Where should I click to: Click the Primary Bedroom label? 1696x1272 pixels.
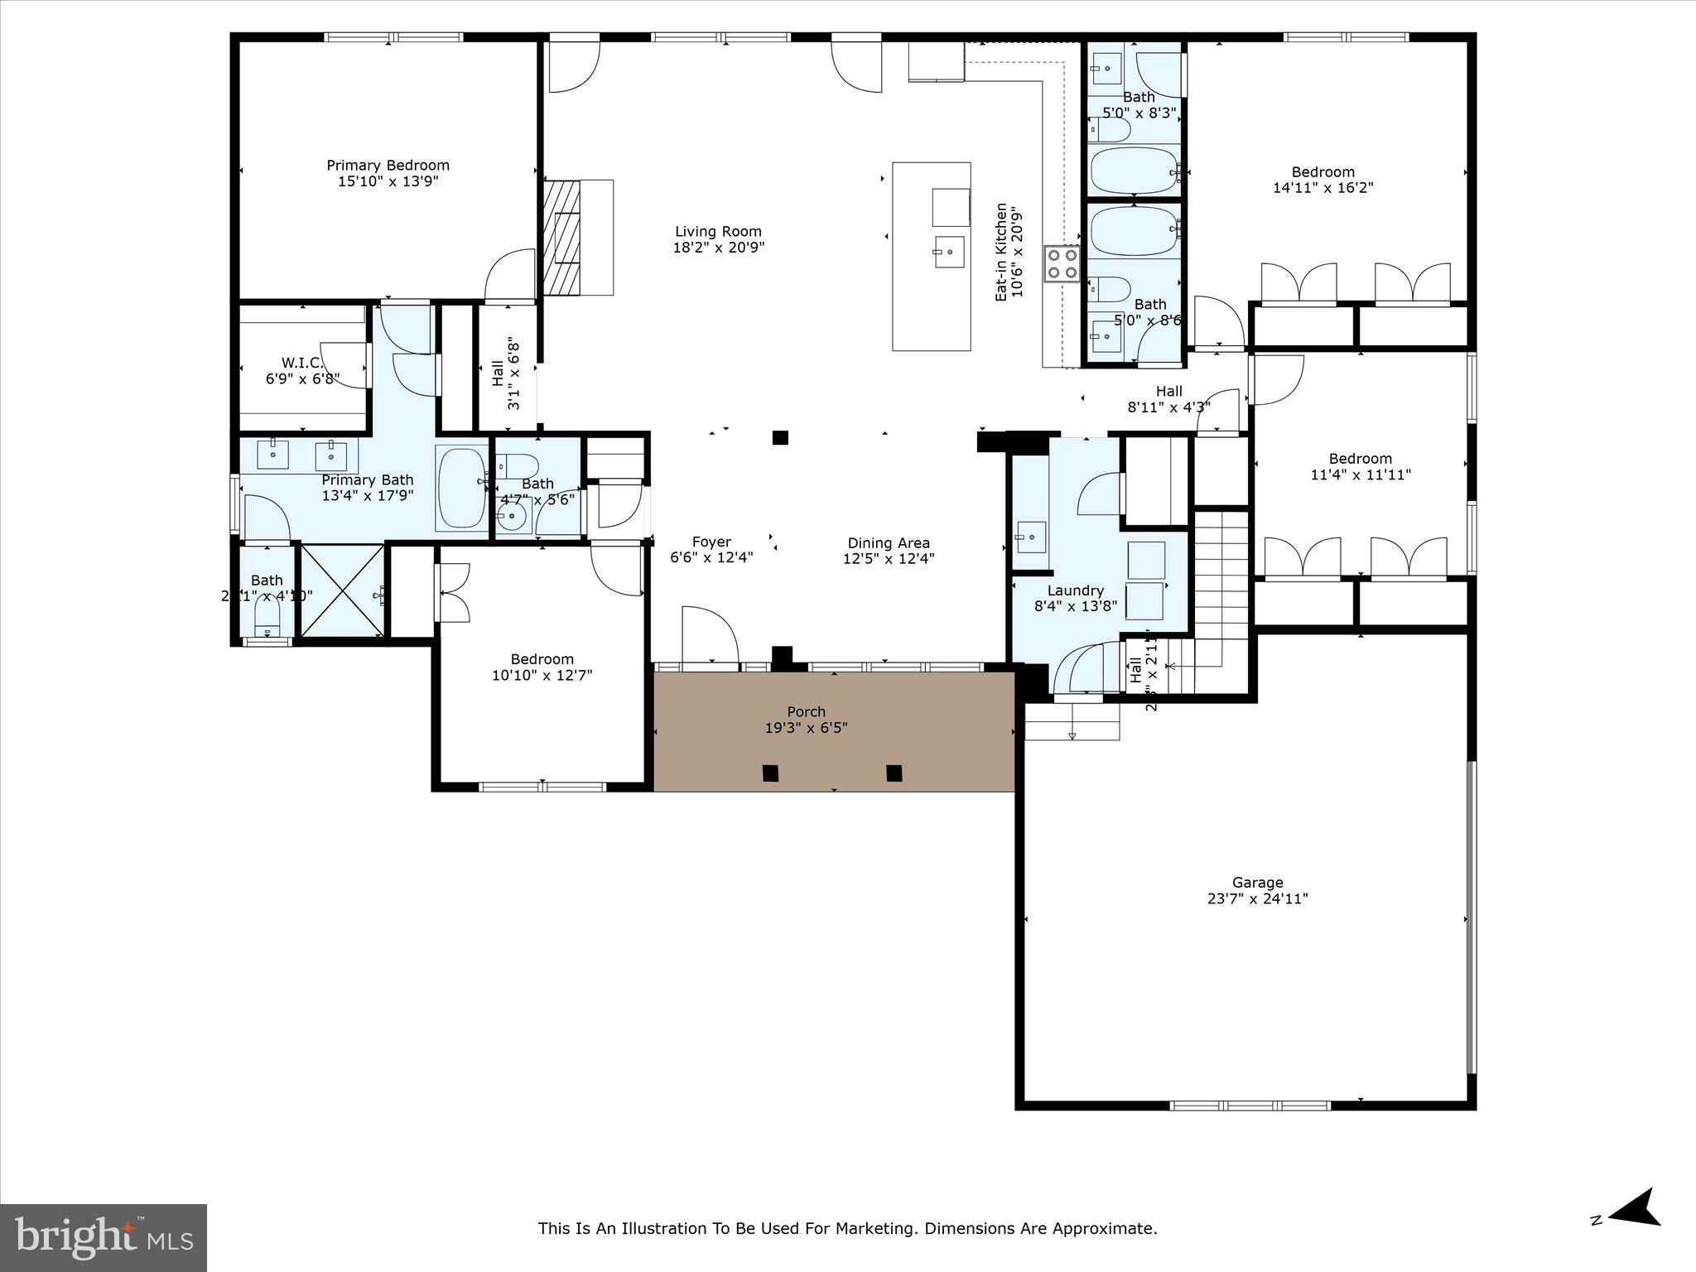coord(388,166)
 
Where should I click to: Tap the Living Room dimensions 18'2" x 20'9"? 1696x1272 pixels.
coord(718,248)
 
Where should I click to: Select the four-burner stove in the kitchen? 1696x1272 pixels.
coord(1062,264)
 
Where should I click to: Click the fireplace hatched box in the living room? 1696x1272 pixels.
coord(561,238)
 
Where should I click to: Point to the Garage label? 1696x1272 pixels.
coord(1257,883)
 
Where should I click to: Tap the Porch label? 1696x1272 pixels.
coord(806,712)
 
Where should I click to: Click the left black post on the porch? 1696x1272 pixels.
coord(770,773)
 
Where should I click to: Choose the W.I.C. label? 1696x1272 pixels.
coord(302,363)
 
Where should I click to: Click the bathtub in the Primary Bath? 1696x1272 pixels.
coord(461,487)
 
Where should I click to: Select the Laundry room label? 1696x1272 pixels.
coord(1075,590)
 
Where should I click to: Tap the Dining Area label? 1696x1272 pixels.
coord(888,543)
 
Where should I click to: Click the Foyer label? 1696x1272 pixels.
coord(711,542)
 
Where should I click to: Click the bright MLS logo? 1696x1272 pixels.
coord(104,1237)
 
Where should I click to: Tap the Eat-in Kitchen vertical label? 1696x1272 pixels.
coord(1001,252)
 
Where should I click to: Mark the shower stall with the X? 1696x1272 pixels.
coord(342,590)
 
